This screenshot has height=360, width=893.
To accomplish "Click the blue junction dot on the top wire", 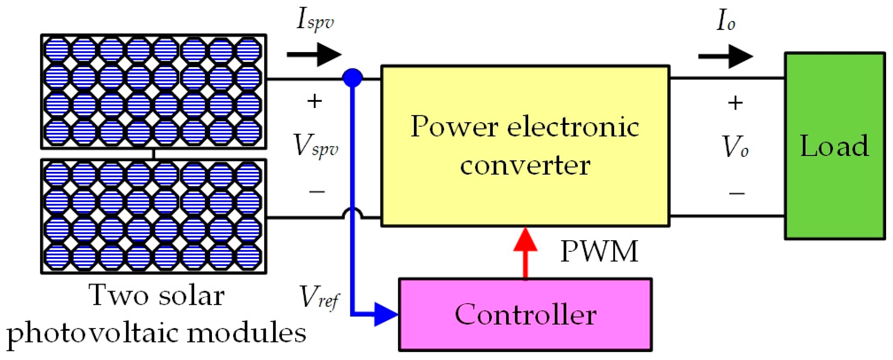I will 353,78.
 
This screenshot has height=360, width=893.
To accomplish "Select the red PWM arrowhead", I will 525,240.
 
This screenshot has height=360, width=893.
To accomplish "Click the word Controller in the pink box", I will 525,315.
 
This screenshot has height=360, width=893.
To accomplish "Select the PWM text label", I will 599,251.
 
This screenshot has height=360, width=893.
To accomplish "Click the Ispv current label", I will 315,21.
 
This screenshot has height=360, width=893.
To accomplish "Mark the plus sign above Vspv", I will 315,101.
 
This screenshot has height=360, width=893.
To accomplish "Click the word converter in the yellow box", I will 525,166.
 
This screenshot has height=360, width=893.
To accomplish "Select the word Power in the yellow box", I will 454,127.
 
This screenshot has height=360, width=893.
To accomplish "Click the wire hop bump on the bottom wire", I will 353,212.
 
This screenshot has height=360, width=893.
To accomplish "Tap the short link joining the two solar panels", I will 153,154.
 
